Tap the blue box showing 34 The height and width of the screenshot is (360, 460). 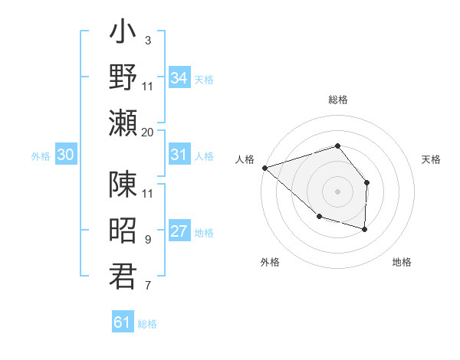click(x=179, y=77)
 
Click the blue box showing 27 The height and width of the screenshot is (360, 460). click(x=179, y=231)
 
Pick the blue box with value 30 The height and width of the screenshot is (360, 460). click(x=66, y=154)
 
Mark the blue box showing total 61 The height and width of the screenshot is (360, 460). click(x=123, y=322)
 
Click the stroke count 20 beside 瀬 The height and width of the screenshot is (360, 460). click(x=148, y=132)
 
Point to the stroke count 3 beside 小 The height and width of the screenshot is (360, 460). click(x=148, y=40)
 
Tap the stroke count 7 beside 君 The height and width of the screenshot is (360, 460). click(x=148, y=286)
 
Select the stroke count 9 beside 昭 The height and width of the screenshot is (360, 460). click(x=148, y=240)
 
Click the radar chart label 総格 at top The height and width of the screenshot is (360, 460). click(x=337, y=100)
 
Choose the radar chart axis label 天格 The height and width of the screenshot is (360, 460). click(x=432, y=159)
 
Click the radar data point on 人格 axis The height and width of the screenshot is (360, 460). click(x=264, y=167)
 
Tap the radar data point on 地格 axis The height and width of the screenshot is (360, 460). click(x=365, y=229)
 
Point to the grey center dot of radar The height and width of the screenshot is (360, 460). click(x=337, y=191)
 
